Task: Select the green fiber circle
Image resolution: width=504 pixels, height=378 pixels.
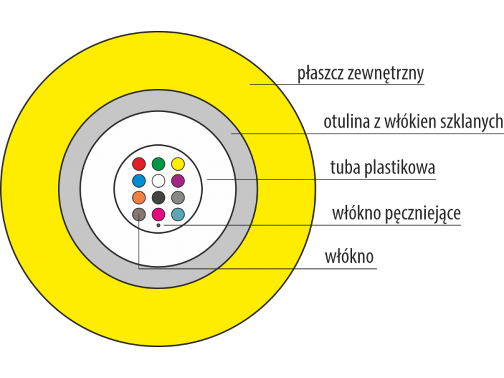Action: coord(159,164)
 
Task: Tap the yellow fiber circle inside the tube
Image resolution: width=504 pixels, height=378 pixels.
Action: coord(178,164)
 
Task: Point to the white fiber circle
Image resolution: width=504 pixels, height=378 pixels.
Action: coord(159,181)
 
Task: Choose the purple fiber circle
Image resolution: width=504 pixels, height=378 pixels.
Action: coord(178,181)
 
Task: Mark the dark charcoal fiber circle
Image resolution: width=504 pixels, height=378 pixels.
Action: coord(159,197)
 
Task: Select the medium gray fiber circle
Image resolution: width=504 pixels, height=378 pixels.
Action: coord(178,197)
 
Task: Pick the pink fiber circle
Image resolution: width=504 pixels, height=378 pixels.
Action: coord(159,214)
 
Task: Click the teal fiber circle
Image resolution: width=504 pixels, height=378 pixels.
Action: coord(178,214)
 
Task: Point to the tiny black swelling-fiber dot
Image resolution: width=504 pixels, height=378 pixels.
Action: coord(159,225)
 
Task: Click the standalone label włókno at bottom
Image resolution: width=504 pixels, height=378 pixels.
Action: coord(349,257)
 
